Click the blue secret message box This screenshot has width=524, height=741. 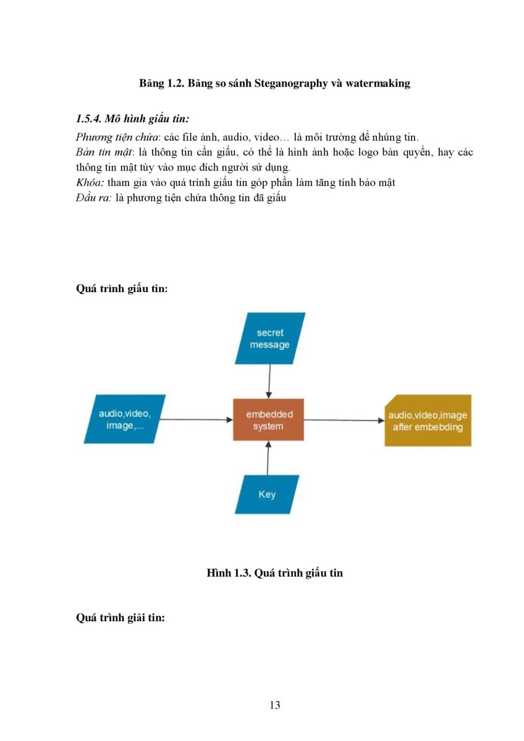coord(270,338)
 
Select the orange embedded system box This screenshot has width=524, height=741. coord(268,419)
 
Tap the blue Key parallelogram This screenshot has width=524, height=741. coord(267,494)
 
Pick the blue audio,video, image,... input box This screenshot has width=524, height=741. coord(124,419)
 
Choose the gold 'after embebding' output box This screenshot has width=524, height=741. coord(428,420)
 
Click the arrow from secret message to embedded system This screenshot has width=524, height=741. coord(269,382)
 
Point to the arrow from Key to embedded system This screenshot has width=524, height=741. coord(268,458)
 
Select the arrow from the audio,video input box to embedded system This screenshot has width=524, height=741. coord(196,419)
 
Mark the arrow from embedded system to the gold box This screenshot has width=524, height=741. coord(344,420)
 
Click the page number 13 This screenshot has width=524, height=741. coord(275,705)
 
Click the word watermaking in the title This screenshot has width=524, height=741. coord(378,83)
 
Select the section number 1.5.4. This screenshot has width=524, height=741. coord(88,119)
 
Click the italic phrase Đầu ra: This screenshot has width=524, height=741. coord(94,198)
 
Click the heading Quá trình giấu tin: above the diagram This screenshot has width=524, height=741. coord(122,288)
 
